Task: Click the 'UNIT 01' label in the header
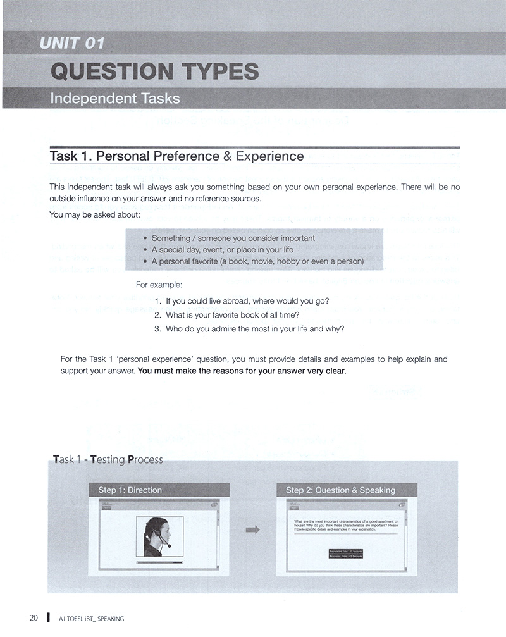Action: coord(71,44)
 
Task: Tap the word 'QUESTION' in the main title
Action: coord(111,71)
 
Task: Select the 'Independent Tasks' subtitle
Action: coord(114,98)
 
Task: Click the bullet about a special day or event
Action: coord(222,250)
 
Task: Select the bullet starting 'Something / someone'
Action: coord(233,238)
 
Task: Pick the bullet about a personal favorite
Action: coord(257,261)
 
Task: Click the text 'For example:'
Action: coord(159,285)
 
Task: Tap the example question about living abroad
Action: coord(247,300)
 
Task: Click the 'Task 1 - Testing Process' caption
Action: coord(108,459)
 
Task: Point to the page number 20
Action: coord(34,618)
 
